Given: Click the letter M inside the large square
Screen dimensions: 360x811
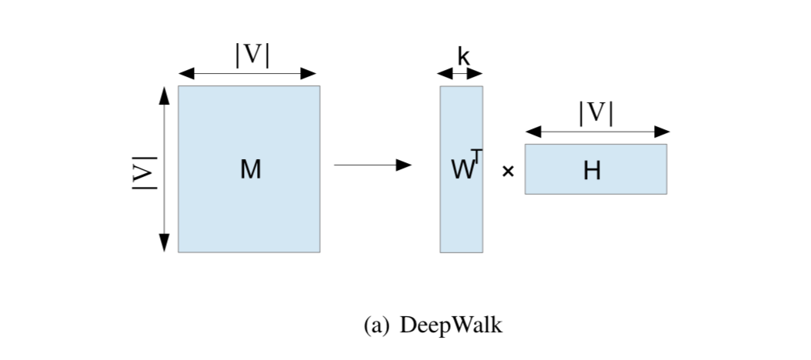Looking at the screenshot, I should (250, 169).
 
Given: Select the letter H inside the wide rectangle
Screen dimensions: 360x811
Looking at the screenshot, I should (592, 170).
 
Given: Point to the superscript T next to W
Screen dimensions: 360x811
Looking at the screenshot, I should (476, 157).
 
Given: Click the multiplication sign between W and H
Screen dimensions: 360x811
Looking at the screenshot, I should (507, 172).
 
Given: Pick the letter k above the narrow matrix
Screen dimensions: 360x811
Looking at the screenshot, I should (462, 56).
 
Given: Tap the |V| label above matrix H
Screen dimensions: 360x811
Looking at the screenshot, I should (596, 114).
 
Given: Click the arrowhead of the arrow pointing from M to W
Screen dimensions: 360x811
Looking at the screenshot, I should (403, 165).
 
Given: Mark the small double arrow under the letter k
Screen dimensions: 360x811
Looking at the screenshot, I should (460, 74).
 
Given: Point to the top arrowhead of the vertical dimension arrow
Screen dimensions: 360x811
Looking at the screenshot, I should (163, 95).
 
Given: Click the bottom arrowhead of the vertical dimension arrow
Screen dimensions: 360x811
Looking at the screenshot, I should (163, 242).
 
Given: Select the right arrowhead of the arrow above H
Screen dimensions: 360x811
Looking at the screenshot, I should (661, 132).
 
